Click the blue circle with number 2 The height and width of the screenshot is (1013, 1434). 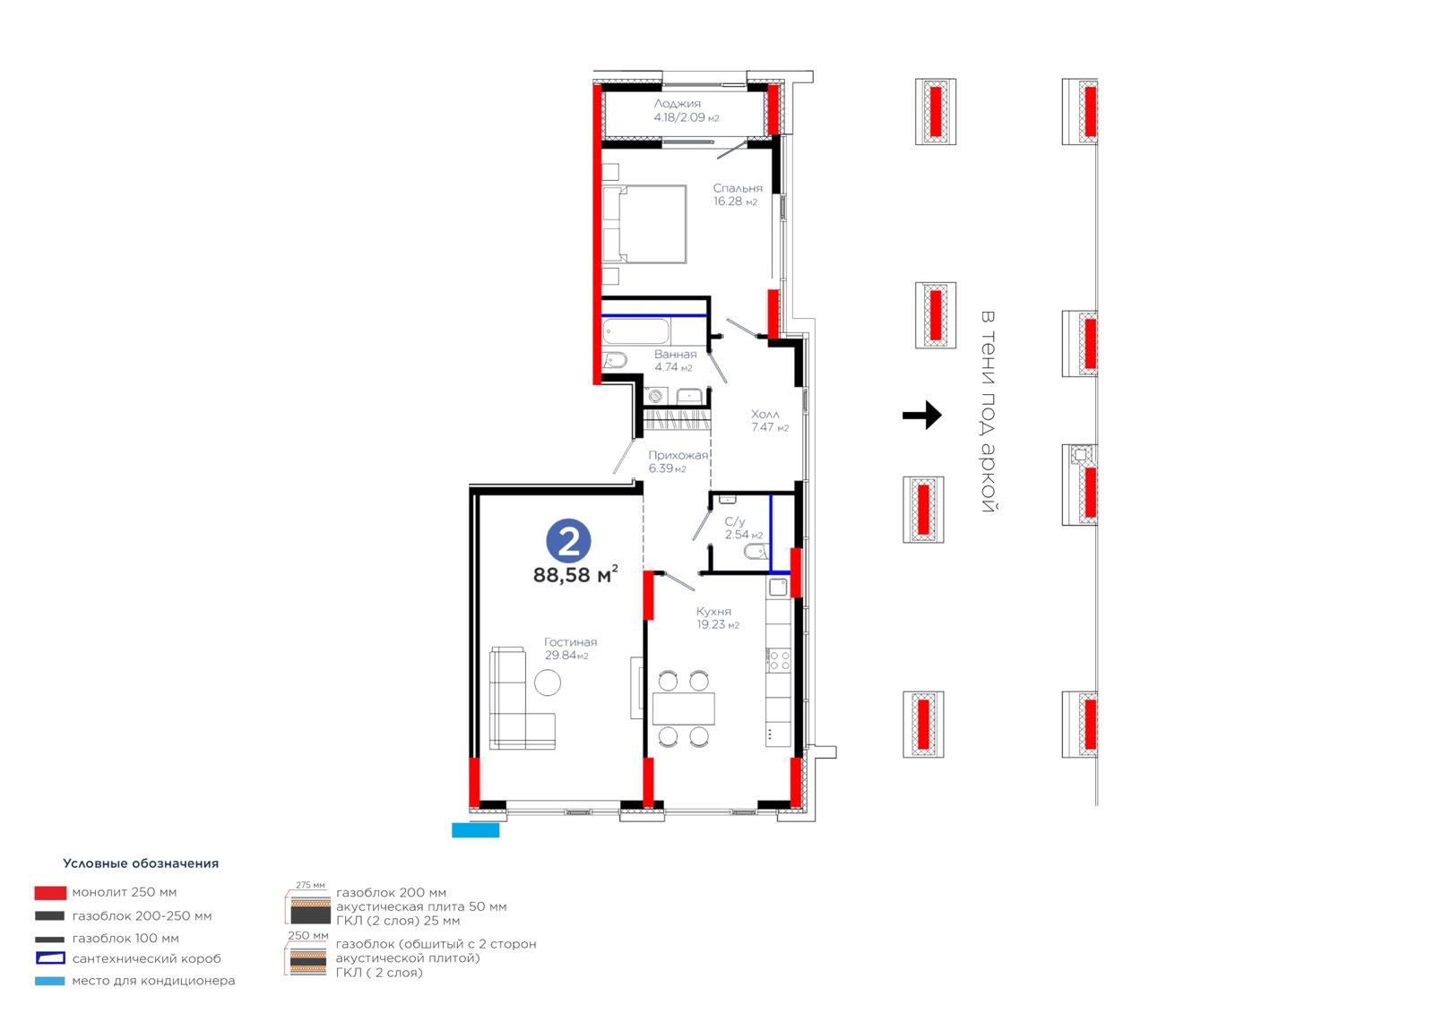[568, 541]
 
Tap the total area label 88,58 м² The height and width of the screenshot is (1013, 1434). [575, 574]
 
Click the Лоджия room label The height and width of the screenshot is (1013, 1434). [678, 103]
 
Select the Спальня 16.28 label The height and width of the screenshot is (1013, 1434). [738, 194]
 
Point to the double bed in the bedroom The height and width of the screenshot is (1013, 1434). [644, 224]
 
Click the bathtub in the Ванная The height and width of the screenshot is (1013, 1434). [636, 332]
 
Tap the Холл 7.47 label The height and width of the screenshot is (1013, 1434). [770, 420]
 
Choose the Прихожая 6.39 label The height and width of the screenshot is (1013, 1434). [678, 461]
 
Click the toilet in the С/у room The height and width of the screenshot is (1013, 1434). [756, 551]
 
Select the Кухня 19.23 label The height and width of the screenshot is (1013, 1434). [718, 618]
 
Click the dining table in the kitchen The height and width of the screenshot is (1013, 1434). [683, 708]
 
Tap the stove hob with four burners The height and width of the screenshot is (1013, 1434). [779, 660]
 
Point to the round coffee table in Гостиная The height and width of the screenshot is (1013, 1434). [548, 682]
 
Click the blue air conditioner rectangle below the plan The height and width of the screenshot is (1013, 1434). [476, 830]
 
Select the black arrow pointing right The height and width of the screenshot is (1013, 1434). [922, 416]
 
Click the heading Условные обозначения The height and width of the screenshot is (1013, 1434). [141, 863]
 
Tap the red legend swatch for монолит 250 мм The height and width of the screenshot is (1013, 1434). [50, 893]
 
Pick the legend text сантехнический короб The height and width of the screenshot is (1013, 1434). [147, 958]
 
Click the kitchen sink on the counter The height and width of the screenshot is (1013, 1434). [778, 587]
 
